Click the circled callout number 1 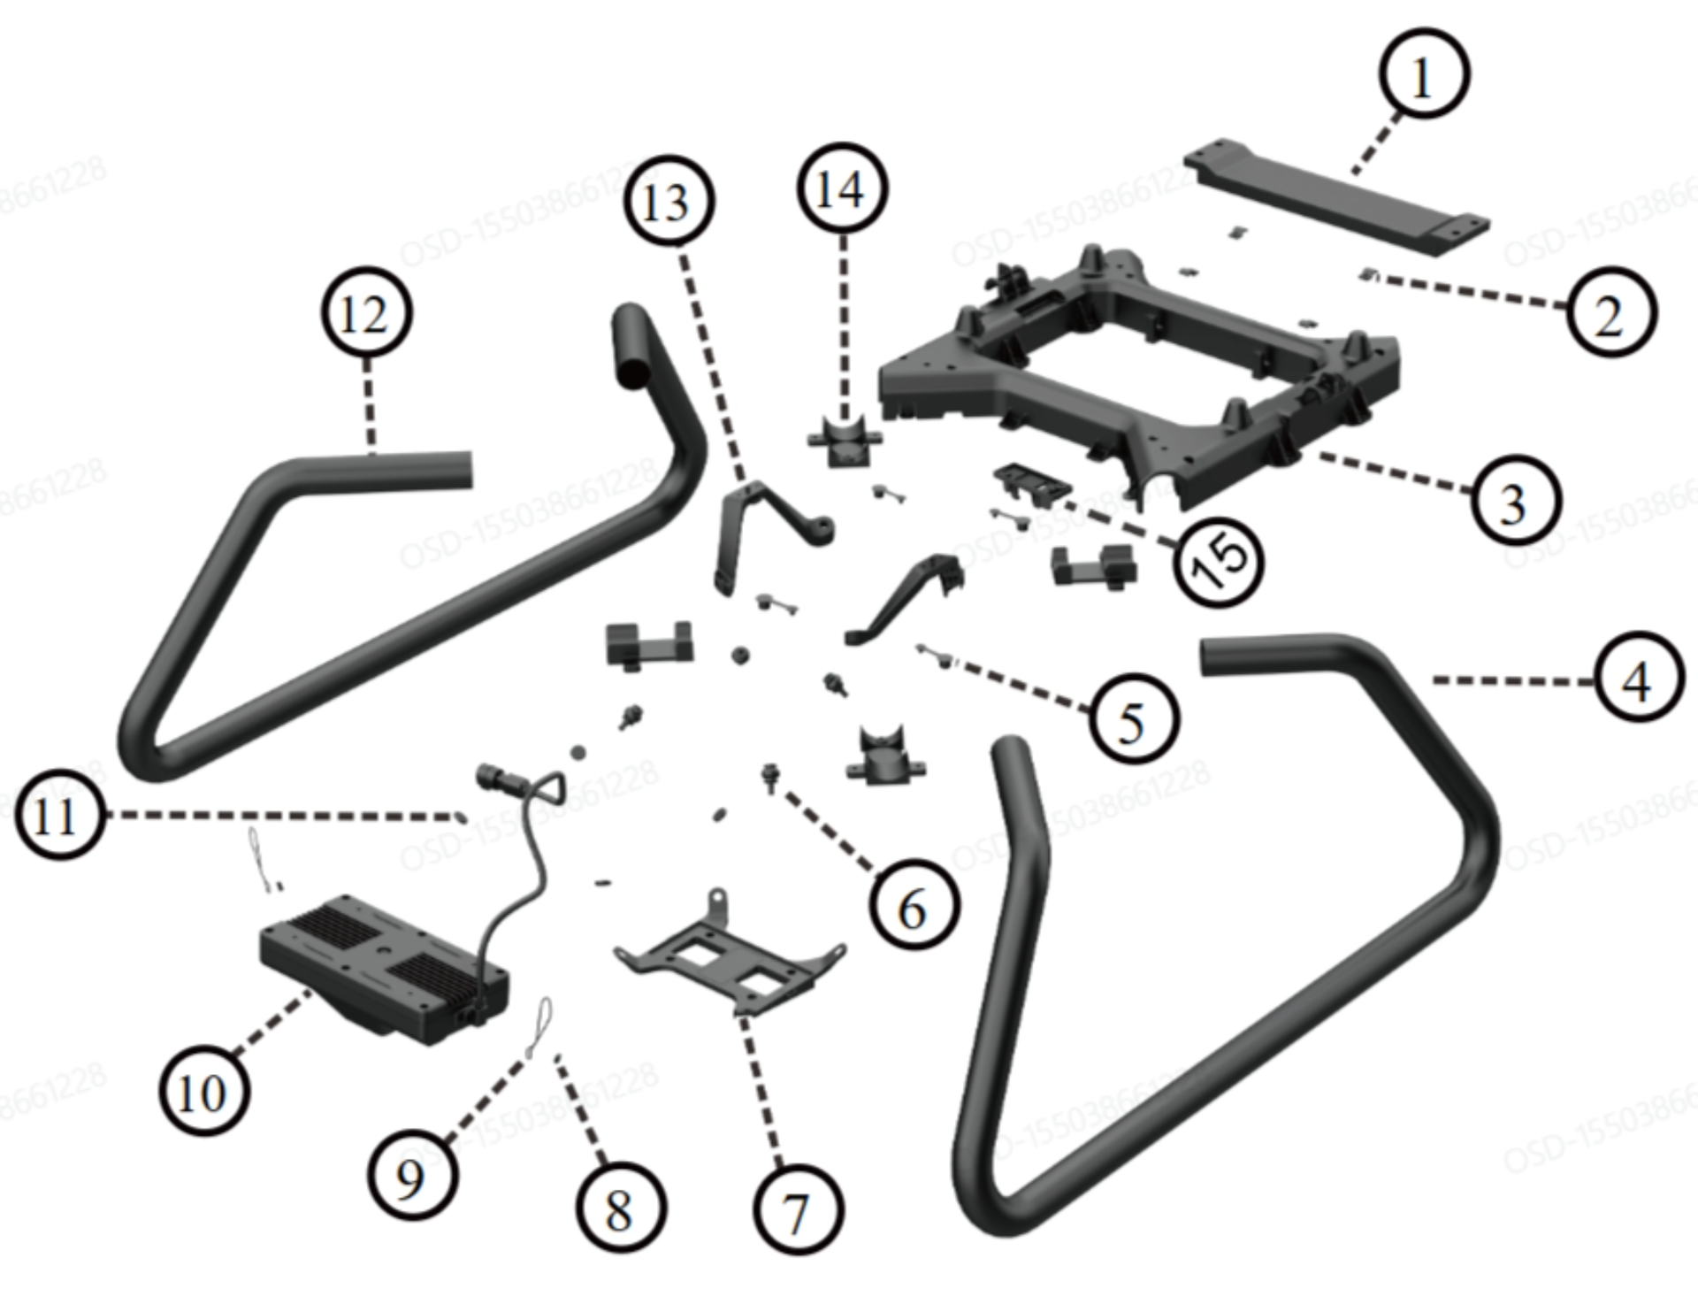[1424, 74]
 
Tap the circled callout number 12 [365, 313]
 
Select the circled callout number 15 [1220, 560]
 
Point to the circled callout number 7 [797, 1210]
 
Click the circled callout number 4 [1639, 679]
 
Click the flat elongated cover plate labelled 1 [1335, 195]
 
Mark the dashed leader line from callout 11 [283, 814]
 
